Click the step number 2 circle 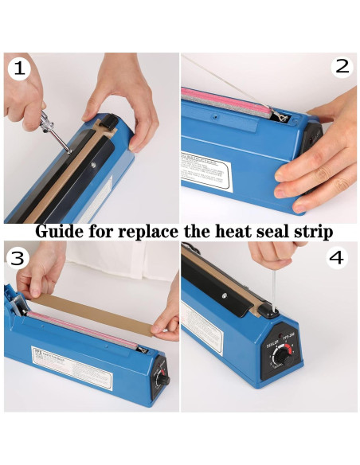(342, 66)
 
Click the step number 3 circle (19, 257)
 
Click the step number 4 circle (336, 257)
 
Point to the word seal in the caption (276, 232)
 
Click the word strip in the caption (314, 232)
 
